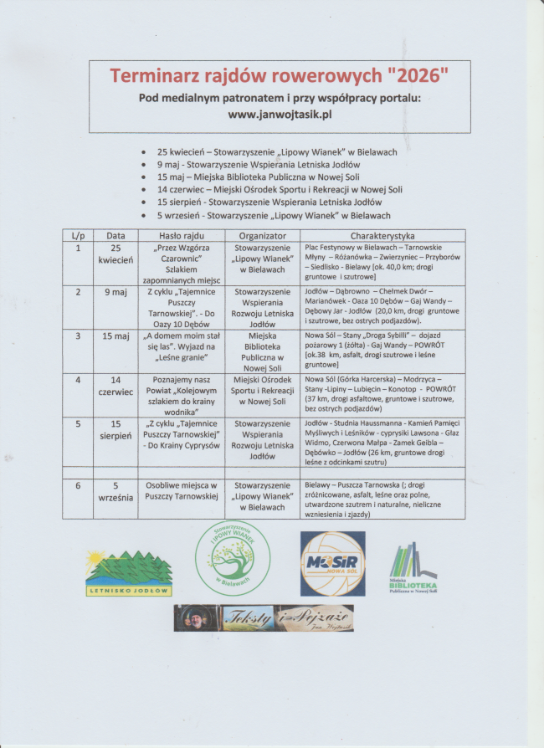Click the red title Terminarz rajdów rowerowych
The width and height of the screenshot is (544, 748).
[279, 76]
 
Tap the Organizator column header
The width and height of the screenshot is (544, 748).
[261, 236]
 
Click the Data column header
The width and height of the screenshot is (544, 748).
[115, 236]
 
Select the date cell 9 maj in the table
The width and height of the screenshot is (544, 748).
[115, 292]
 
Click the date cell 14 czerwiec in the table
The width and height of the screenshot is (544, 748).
[115, 385]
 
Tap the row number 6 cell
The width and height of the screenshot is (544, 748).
[78, 485]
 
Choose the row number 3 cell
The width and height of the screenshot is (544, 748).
[78, 336]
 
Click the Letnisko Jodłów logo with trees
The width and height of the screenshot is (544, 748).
[128, 572]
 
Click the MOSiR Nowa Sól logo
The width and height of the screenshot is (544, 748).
[332, 562]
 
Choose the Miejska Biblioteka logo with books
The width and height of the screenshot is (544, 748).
[413, 568]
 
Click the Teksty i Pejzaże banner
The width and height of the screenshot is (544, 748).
[263, 617]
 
